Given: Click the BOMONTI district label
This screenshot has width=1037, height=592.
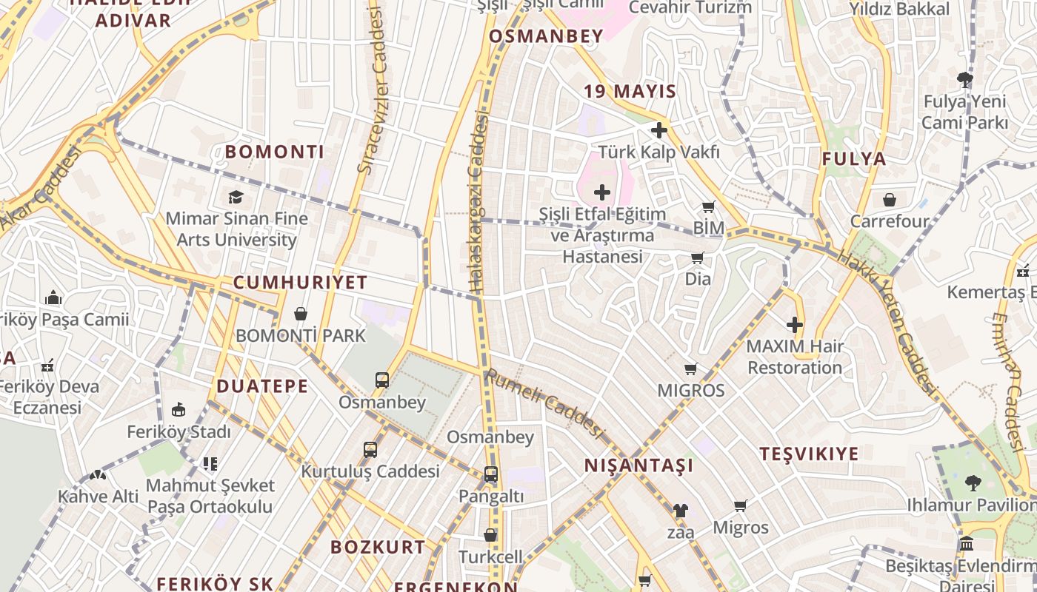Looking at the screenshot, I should pos(275,152).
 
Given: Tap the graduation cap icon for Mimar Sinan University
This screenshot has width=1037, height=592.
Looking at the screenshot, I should pos(236,197).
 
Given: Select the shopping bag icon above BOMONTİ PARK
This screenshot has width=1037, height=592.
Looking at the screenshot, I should pos(301,314).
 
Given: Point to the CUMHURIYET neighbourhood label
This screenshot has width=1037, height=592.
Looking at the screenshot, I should pos(301,282).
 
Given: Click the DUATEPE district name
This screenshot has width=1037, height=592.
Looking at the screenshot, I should pos(262,386).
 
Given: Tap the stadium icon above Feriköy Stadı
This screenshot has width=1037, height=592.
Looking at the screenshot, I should pos(179,410).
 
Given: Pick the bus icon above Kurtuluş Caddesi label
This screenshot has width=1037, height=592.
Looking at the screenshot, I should pos(370,449).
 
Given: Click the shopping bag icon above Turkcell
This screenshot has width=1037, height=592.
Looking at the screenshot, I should pos(490,534).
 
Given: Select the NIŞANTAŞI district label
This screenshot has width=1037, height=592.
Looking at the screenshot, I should pos(639,465).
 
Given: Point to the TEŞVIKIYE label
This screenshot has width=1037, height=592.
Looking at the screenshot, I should pos(810,454).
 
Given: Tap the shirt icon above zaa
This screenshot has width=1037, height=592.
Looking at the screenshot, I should pos(681,510).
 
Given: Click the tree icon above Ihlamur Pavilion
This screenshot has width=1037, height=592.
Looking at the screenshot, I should pos(973,483).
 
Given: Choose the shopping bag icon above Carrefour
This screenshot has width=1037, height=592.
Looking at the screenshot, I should pos(890,200).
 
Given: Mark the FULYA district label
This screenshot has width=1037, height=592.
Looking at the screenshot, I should pos(854,158).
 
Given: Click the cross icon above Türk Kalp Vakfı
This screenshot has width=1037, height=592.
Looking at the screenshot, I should pos(658,131).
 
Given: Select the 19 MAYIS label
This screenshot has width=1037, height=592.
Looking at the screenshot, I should pos(630,91).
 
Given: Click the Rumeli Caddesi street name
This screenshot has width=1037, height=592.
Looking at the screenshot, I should pos(545,404).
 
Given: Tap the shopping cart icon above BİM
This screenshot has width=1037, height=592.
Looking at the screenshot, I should pos(709,206).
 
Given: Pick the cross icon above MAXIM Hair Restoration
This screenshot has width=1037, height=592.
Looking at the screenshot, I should pos(795,325).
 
